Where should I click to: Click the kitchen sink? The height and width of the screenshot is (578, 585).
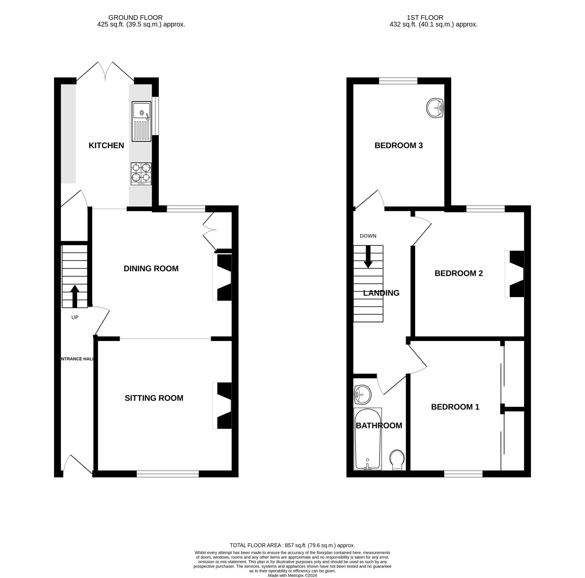click(142, 121)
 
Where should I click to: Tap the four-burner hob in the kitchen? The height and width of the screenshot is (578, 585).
click(141, 174)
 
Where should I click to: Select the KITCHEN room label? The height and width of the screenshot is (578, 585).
click(106, 145)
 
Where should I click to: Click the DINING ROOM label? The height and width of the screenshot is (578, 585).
click(151, 269)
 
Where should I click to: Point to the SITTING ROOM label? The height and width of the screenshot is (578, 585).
click(154, 398)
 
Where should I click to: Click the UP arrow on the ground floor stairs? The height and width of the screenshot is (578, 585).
click(75, 296)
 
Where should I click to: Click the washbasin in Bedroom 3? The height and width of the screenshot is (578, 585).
click(435, 108)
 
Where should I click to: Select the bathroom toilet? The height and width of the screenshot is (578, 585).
click(397, 460)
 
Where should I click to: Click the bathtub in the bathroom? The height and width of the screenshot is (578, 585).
click(368, 439)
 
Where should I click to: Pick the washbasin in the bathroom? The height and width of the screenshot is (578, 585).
click(362, 394)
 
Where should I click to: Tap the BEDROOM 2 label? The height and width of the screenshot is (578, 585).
click(458, 273)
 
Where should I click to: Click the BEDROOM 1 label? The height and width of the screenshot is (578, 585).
click(455, 407)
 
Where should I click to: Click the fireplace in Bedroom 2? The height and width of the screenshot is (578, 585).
click(514, 274)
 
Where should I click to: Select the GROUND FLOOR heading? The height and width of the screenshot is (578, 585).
click(135, 18)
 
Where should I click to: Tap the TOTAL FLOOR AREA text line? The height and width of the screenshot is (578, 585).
click(292, 545)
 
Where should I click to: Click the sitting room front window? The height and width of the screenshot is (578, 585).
click(168, 474)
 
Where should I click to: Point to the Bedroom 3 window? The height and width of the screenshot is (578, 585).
click(398, 81)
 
